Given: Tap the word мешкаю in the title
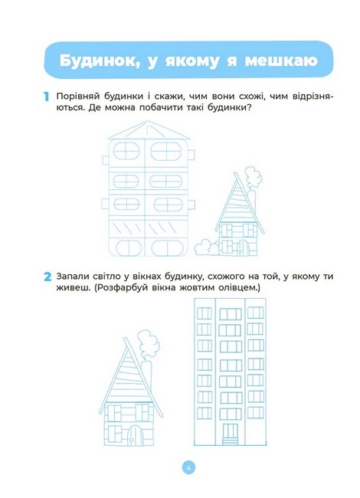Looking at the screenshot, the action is (x=281, y=61).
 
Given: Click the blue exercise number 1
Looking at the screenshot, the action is (x=47, y=97).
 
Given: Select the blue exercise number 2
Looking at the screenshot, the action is (x=47, y=277).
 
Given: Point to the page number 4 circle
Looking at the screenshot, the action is (x=188, y=468).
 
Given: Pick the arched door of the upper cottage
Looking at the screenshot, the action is (x=243, y=247).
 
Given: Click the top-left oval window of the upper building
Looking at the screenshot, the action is (x=126, y=151).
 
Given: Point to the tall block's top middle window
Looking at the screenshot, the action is (x=230, y=314).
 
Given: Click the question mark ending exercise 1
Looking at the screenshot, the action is (x=249, y=107).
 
